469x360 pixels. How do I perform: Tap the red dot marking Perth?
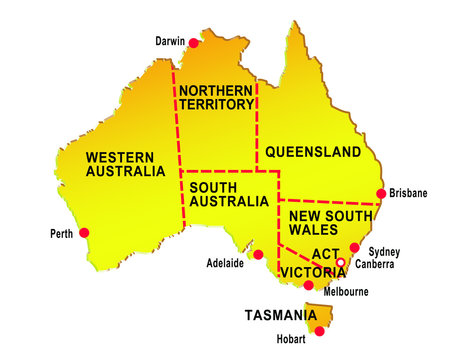84,233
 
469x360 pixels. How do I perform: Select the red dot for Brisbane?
380,193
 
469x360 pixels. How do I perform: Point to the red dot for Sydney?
354,247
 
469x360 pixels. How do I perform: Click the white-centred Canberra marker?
340,263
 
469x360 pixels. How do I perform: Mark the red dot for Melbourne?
308,285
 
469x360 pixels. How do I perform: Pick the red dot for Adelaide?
258,254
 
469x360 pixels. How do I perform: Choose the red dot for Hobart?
319,331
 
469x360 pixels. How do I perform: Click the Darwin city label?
170,42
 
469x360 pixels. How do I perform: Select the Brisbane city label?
409,193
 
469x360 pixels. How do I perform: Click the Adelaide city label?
225,265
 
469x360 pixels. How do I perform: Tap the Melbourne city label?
347,292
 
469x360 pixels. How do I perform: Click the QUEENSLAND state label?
313,153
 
